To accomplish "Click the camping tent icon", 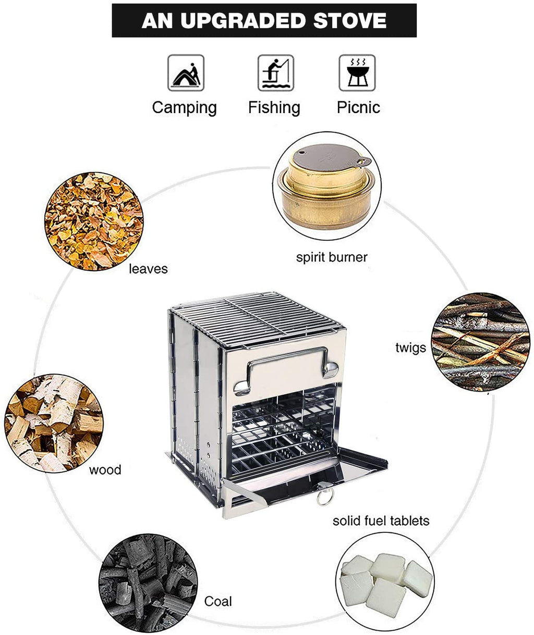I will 185,73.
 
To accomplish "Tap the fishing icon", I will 275,73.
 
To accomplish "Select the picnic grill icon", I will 357,73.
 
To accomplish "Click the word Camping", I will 184,108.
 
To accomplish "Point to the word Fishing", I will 274,108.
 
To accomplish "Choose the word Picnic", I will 358,108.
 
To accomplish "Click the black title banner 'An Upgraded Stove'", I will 264,21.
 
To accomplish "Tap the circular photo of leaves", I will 94,221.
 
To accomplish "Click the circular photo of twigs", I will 480,342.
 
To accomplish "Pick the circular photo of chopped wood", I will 53,423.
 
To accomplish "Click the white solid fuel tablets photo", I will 386,586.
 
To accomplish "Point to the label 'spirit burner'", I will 332,257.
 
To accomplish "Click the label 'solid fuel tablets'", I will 381,520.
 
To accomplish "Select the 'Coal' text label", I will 218,601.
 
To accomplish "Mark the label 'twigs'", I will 410,347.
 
